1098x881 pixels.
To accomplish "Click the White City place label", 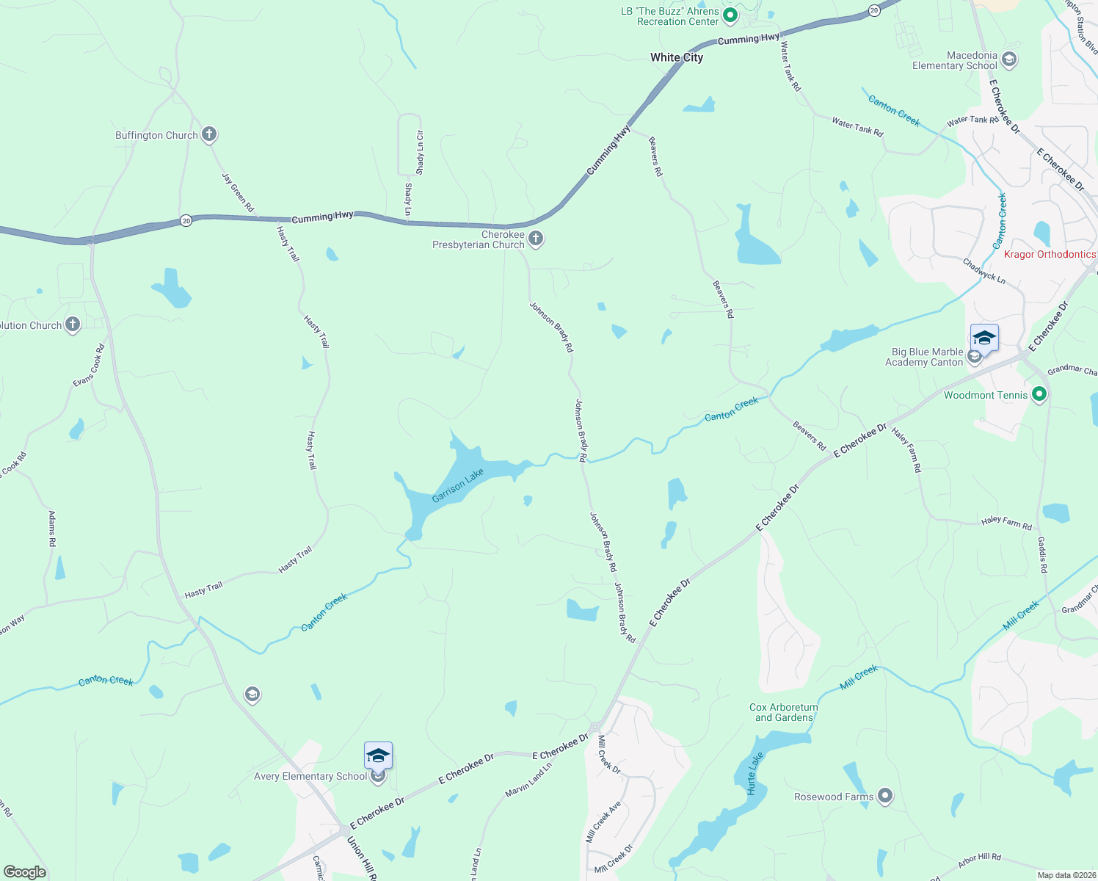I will coord(676,57).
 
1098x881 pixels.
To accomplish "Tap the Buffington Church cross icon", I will coord(209,134).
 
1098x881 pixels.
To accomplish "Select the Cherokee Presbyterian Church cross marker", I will coord(536,239).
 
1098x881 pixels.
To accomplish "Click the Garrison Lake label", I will coord(458,486).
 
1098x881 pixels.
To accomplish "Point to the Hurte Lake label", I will coord(755,773).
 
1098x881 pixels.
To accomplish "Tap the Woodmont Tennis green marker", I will coord(1039,395).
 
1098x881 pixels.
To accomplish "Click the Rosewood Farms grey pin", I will coord(885,797).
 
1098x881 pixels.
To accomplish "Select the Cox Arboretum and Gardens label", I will coord(783,712).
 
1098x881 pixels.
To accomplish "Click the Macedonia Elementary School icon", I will coord(1009,60).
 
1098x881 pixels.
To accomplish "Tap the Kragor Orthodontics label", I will coord(1050,254).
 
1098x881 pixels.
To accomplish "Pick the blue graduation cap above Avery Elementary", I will coord(378,755).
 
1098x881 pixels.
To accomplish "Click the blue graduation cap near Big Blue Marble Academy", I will coord(984,338).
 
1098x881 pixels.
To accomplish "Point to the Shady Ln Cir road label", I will coord(420,153).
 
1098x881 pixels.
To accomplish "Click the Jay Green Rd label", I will coord(238,192).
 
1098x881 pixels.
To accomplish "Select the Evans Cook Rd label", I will coord(89,366).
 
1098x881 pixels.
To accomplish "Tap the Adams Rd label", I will coord(52,529).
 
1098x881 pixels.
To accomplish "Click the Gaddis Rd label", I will coord(1042,554).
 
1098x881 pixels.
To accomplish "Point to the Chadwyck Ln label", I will coord(984,271).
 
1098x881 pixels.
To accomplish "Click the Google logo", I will coord(25,872).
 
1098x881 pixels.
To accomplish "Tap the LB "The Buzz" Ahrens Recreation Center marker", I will coord(730,15).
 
